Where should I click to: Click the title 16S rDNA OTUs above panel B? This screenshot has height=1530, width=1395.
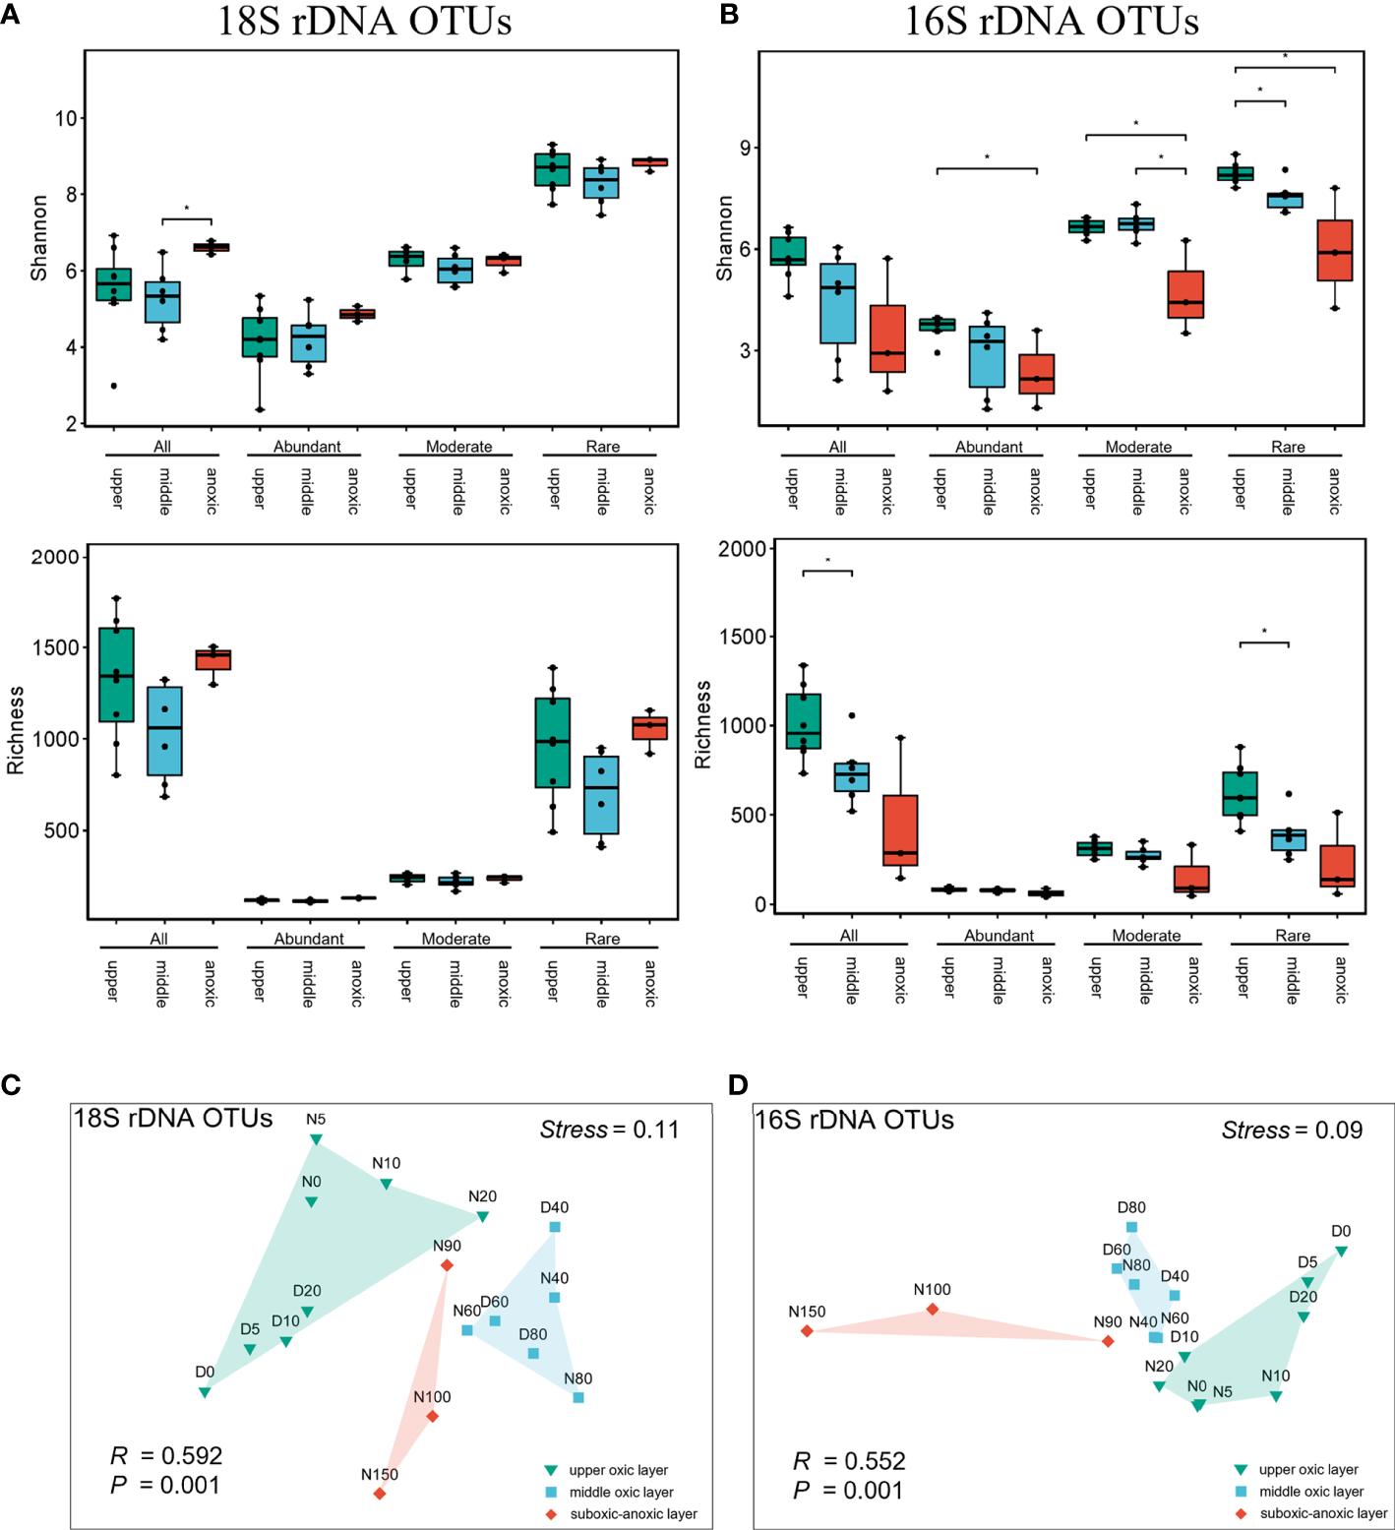(x=1051, y=22)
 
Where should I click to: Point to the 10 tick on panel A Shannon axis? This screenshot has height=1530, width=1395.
(x=66, y=119)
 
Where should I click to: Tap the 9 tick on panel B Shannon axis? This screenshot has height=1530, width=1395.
(x=745, y=149)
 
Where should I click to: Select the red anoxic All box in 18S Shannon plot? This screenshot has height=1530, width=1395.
(x=211, y=247)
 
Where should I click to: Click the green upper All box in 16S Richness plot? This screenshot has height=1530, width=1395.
(x=803, y=720)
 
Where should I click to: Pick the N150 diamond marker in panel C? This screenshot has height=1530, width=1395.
(x=380, y=1494)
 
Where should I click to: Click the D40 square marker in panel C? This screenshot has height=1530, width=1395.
(x=555, y=1227)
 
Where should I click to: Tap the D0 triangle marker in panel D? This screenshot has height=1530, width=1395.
(x=1341, y=1252)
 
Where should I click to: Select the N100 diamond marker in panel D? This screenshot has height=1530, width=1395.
(x=933, y=1310)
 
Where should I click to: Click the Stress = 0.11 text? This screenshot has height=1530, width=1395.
(x=609, y=1130)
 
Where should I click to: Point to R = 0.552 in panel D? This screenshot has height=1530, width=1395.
(x=849, y=1461)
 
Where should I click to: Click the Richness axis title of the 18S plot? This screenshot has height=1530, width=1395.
(x=16, y=730)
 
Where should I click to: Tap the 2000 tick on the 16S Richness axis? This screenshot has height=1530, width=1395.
(x=743, y=549)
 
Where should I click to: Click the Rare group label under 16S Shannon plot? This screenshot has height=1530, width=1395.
(x=1288, y=447)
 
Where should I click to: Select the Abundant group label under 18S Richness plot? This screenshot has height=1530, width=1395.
(x=309, y=939)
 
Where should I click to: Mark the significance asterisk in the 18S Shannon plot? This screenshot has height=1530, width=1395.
(x=187, y=210)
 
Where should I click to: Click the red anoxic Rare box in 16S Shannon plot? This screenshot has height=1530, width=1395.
(x=1335, y=250)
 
